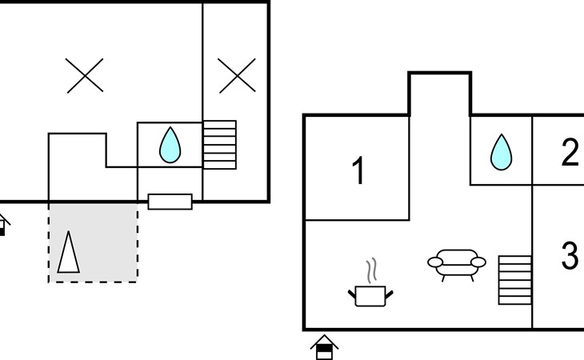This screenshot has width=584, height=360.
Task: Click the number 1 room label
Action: pyautogui.click(x=358, y=170)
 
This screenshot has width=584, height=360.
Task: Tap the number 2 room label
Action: pyautogui.click(x=570, y=152)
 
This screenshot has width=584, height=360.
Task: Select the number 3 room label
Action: pyautogui.click(x=570, y=255)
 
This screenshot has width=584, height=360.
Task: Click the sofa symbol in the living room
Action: pyautogui.click(x=457, y=265)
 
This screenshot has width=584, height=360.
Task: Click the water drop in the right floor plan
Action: pyautogui.click(x=502, y=152)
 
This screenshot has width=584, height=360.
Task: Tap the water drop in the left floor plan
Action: pyautogui.click(x=170, y=145)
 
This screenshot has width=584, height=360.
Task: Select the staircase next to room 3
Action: pyautogui.click(x=515, y=280)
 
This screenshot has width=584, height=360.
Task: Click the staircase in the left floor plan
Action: pyautogui.click(x=220, y=145)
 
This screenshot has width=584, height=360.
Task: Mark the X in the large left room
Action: pyautogui.click(x=85, y=75)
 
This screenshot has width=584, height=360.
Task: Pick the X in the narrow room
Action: pyautogui.click(x=237, y=75)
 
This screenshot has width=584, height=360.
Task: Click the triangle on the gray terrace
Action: pyautogui.click(x=69, y=252)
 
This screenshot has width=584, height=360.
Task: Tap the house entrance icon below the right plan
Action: pyautogui.click(x=325, y=347)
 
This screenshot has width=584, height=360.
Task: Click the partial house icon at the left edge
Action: pyautogui.click(x=3, y=225)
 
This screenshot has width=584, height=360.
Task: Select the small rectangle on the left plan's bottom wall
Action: pyautogui.click(x=170, y=202)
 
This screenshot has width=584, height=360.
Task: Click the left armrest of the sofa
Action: pyautogui.click(x=435, y=262)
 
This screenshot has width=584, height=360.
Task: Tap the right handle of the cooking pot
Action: pyautogui.click(x=390, y=295)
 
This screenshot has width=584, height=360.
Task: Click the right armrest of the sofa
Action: pyautogui.click(x=478, y=262)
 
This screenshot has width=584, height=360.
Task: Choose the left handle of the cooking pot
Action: pyautogui.click(x=352, y=295)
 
